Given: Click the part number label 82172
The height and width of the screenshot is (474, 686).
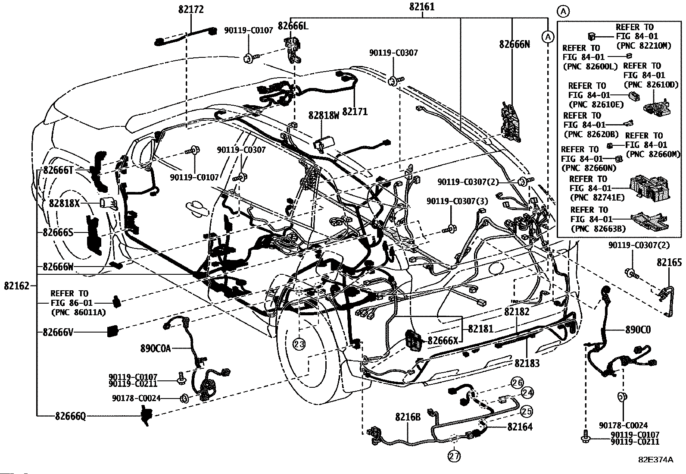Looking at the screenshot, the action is (x=191, y=9).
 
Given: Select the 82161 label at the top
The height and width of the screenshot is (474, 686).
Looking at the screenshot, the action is (x=422, y=7).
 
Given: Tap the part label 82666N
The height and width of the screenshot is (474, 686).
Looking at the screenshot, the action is (x=514, y=44).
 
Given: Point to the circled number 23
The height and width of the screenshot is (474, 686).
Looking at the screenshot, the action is (x=299, y=344).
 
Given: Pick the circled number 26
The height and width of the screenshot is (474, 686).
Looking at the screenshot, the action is (x=517, y=383).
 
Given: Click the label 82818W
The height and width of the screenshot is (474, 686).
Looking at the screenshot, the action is (x=324, y=115).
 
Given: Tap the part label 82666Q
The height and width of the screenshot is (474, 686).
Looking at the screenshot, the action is (x=70, y=416).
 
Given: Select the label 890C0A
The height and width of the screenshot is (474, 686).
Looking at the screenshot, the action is (x=155, y=348).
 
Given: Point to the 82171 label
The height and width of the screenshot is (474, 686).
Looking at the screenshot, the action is (x=355, y=112).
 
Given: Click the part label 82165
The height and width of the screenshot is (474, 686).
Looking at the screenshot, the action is (x=669, y=263).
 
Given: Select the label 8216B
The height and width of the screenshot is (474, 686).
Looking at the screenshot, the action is (x=408, y=417).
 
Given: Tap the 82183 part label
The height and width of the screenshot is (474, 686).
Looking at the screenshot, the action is (x=527, y=363).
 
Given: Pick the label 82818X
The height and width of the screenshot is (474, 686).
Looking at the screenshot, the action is (x=64, y=203).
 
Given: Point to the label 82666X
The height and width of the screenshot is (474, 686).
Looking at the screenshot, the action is (x=443, y=340).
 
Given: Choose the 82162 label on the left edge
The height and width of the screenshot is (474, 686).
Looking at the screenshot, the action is (x=16, y=286).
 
